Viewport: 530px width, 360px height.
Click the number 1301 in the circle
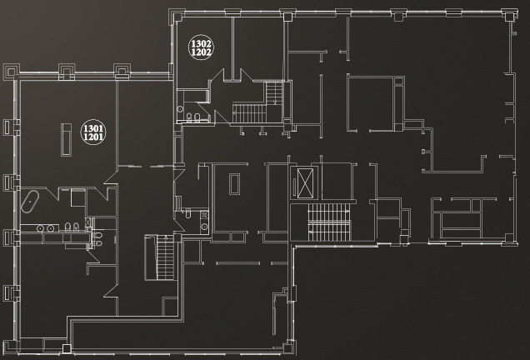[93, 128]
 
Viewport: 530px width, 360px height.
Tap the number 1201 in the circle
[93, 137]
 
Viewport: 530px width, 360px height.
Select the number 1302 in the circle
[202, 43]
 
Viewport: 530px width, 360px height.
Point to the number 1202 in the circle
[202, 52]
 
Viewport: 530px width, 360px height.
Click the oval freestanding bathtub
[30, 202]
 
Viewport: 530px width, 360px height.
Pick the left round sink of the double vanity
[40, 228]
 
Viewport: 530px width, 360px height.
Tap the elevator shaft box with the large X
[305, 182]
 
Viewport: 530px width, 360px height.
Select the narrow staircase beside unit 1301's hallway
[165, 257]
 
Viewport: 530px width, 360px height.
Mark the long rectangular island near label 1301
[67, 140]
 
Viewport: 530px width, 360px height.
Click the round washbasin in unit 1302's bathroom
[180, 109]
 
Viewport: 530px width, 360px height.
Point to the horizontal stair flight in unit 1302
[249, 113]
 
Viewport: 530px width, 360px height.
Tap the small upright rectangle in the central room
[234, 184]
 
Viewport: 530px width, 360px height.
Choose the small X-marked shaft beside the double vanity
[88, 222]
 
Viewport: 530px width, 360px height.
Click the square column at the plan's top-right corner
[508, 17]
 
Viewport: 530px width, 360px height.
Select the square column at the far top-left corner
[11, 72]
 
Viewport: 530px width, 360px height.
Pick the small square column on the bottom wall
[67, 348]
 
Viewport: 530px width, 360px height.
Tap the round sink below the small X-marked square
[204, 227]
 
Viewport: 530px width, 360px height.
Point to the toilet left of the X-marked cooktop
[188, 213]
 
